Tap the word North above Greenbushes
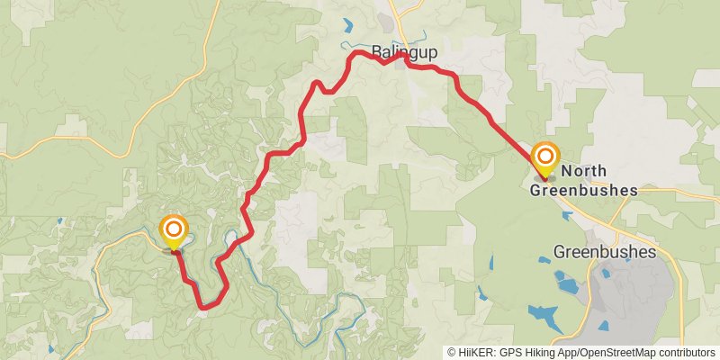[x=583, y=171]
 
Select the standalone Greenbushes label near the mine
[x=606, y=252]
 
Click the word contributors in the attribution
[x=682, y=353]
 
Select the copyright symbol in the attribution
[x=452, y=353]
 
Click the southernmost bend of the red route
[x=206, y=307]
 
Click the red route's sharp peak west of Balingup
[x=317, y=83]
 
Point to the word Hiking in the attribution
[x=532, y=353]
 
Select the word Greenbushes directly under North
[x=583, y=190]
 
